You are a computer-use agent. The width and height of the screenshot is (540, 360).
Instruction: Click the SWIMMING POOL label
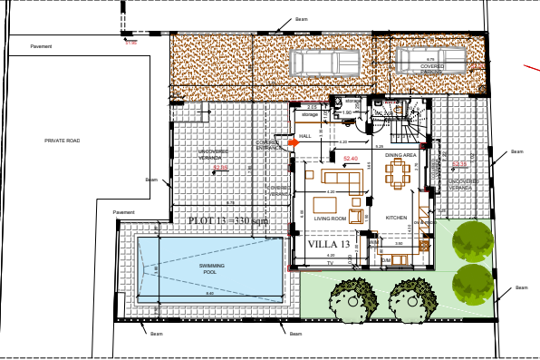point(212,268)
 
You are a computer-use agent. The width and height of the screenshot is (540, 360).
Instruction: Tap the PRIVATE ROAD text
point(63,141)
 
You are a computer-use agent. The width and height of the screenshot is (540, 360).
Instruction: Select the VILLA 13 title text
point(328,245)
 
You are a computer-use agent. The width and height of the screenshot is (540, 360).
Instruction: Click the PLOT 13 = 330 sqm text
point(228,220)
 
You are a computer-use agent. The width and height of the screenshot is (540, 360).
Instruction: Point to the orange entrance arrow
point(293,142)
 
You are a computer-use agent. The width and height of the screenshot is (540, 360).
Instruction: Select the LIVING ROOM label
point(331,219)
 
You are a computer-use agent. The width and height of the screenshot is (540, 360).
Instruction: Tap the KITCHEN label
point(397,219)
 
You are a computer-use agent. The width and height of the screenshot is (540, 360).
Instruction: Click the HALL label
point(304,135)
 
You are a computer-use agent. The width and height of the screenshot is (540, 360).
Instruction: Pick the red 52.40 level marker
point(351,159)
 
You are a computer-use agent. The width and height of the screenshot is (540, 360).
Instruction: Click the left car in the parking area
point(323,63)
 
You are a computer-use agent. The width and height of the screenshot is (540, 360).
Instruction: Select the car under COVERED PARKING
point(429,59)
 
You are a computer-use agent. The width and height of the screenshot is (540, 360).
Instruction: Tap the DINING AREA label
point(400,156)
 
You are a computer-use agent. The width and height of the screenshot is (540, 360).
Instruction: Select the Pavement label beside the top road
point(41,45)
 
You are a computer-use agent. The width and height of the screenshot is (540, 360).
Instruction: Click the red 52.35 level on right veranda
point(459,164)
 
